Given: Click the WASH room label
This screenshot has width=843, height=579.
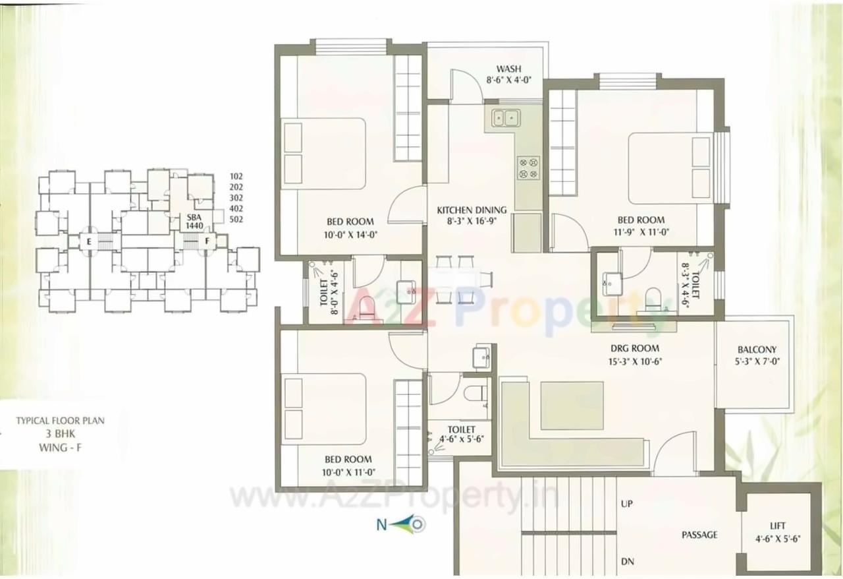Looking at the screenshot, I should click(509, 69).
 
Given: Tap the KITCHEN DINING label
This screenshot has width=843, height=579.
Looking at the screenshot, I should click(467, 210).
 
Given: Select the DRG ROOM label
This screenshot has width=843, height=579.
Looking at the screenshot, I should click(634, 348).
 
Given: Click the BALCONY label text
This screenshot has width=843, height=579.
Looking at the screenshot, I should click(757, 350).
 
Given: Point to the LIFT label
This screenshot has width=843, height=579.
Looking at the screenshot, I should click(777, 526).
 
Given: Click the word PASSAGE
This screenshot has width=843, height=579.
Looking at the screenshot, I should click(699, 535).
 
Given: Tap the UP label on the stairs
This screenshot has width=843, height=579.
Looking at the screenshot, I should click(627, 504).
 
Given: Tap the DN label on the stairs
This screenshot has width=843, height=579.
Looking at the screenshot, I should click(627, 562).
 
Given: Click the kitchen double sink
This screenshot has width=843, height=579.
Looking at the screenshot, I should click(505, 118).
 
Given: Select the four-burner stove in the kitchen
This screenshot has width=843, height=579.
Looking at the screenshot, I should click(528, 168).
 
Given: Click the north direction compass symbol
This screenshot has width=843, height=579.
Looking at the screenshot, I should click(410, 525).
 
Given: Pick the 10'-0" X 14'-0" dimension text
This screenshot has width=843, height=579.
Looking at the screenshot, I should click(350, 234).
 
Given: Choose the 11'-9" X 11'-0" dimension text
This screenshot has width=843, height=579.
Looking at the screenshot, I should click(641, 232).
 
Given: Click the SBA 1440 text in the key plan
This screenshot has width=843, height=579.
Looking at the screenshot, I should click(193, 221).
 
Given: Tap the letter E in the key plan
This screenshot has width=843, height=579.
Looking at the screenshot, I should click(88, 241).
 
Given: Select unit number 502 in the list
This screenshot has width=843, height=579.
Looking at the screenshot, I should click(236, 220).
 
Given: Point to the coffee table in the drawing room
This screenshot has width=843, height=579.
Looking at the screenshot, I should click(572, 405).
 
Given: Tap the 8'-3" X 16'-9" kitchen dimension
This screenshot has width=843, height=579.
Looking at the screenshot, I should click(469, 222).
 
